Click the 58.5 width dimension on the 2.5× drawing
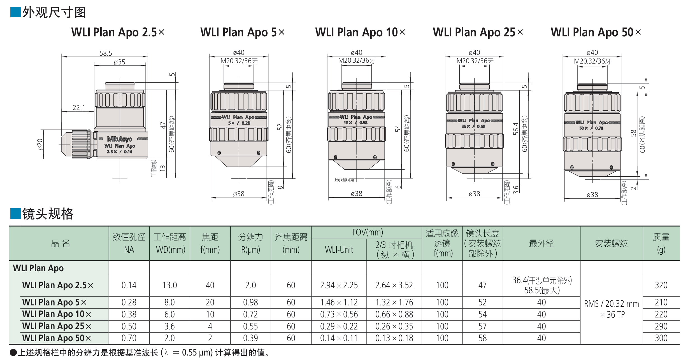click(x=106, y=53)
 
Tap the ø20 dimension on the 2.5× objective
click(x=40, y=144)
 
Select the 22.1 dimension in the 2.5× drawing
click(x=79, y=107)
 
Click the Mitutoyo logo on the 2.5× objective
click(x=120, y=139)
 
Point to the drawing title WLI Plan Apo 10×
click(x=360, y=32)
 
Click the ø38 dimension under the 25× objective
click(x=474, y=194)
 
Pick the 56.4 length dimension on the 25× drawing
click(x=516, y=129)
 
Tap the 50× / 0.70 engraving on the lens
click(x=591, y=128)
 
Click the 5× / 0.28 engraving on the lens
click(x=239, y=123)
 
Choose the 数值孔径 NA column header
click(x=129, y=243)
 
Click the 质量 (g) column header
click(x=661, y=243)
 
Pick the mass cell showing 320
click(x=661, y=285)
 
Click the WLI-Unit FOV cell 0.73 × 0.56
click(x=339, y=314)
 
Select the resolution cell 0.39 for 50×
click(x=250, y=338)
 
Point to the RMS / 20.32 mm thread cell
click(x=612, y=309)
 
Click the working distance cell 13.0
click(x=169, y=285)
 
